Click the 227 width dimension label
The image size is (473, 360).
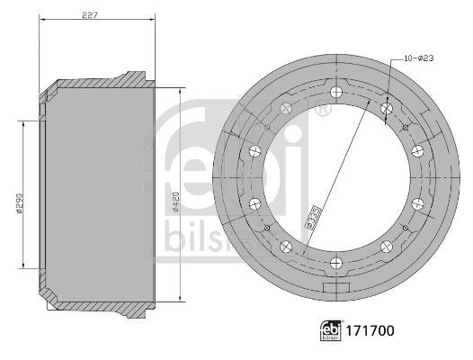pyautogui.click(x=90, y=14)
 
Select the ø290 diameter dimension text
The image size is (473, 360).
pyautogui.click(x=20, y=203)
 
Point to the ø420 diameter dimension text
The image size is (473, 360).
pyautogui.click(x=175, y=202)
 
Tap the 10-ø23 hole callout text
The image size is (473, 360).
pyautogui.click(x=418, y=58)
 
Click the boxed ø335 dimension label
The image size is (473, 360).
pyautogui.click(x=312, y=217)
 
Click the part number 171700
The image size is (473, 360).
pyautogui.click(x=370, y=330)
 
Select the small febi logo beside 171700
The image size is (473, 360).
pyautogui.click(x=331, y=330)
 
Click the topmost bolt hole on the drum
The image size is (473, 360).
pyautogui.click(x=335, y=92)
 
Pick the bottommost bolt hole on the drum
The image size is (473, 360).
pyautogui.click(x=335, y=263)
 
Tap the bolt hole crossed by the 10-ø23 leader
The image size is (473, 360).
pyautogui.click(x=386, y=108)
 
